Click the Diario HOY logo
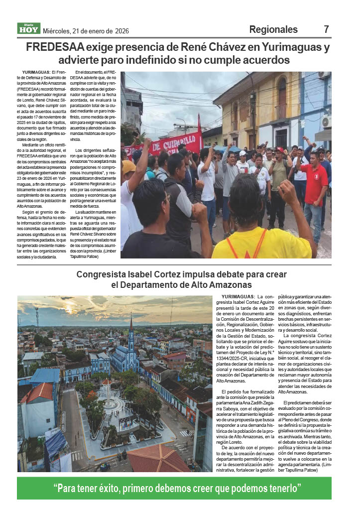click(28, 29)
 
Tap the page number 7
click(327, 29)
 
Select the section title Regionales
click(273, 29)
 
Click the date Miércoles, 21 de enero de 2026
click(86, 31)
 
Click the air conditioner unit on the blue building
click(327, 121)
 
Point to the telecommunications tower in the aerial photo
click(37, 319)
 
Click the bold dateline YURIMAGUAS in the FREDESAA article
click(35, 73)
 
